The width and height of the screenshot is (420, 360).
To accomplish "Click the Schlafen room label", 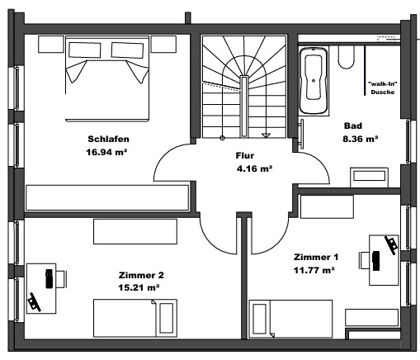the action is coord(108,139).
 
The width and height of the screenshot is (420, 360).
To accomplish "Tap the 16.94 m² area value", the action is coord(106,152).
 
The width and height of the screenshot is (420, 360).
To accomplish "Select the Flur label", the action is coord(245,155).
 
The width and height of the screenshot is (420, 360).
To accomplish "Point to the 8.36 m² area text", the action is coord(361,139).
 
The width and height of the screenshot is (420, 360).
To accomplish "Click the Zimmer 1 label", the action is coord(316,257).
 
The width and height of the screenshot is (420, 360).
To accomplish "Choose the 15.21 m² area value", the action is coord(139,287).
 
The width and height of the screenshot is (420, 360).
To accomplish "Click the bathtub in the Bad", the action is coord(314,81).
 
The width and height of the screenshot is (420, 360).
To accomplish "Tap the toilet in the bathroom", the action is coord(346,57).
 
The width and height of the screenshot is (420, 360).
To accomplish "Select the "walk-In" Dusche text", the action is coord(383,88).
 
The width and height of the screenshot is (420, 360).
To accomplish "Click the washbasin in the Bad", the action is coord(369,178).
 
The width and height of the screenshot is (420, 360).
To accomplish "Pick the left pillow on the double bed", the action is coord(84,50).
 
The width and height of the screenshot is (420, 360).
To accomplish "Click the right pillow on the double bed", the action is coord(127,50).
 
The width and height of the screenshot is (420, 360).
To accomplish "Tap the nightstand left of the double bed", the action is coord(51,44).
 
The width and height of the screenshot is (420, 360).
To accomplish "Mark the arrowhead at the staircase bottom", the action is coord(266,135).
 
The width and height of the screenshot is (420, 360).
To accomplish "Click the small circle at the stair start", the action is coord(222,138).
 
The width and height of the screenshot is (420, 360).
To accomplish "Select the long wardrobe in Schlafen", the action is coord(107,197).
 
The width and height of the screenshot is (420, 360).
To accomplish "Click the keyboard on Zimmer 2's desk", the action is coord(49,279).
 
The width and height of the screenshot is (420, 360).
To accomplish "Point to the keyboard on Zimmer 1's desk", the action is coord(375,261).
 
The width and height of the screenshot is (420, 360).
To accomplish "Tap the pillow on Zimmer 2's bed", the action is coord(167,318).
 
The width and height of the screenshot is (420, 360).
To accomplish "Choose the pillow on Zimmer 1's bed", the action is coord(259,319).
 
